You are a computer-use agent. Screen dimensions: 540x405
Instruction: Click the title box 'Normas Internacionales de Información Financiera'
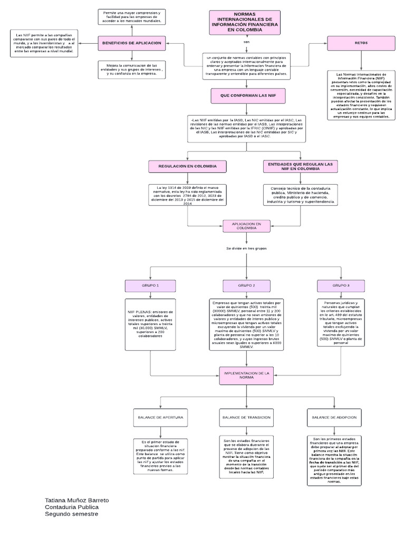click(x=244, y=23)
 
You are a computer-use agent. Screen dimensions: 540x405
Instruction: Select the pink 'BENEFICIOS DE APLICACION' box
click(x=132, y=43)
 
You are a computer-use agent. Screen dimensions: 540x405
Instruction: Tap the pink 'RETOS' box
click(x=361, y=43)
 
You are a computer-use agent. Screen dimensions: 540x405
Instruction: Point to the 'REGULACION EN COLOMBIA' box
click(x=188, y=166)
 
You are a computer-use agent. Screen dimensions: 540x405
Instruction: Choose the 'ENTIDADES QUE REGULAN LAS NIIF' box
click(x=300, y=166)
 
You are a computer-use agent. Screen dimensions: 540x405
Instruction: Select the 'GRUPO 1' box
click(x=150, y=285)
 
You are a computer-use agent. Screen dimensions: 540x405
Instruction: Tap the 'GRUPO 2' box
click(x=246, y=285)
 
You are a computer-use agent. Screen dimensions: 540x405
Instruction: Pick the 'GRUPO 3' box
click(x=341, y=285)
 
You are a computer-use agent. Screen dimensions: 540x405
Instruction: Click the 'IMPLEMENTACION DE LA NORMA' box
click(x=246, y=375)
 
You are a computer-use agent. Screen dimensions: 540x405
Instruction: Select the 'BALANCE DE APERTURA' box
click(x=160, y=417)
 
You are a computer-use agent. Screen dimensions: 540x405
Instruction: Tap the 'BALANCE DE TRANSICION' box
click(x=246, y=417)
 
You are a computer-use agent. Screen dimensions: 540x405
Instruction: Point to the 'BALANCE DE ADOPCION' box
click(x=334, y=417)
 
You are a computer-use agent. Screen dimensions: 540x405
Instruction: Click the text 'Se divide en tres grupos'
click(x=246, y=248)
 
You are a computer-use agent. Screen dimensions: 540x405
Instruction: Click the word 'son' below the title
click(x=246, y=42)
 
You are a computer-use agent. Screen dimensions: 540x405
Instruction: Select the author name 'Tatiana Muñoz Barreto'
click(x=77, y=499)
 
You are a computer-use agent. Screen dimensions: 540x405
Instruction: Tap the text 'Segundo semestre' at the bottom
click(x=71, y=514)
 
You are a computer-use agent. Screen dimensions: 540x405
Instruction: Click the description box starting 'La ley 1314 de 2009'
click(x=187, y=196)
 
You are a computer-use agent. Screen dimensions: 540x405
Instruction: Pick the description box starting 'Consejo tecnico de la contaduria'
click(x=301, y=195)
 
